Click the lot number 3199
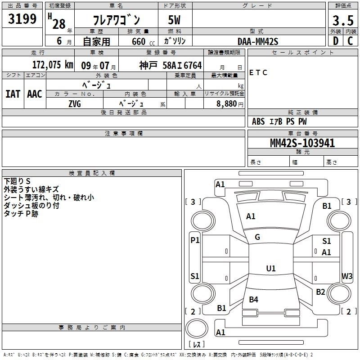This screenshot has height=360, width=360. pos(22,19)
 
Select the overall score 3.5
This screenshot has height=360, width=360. pos(342,20)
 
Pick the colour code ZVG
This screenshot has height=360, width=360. pos(75,103)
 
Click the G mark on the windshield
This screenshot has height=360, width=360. pos(257,237)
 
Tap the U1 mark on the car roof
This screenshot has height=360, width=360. pos(270,268)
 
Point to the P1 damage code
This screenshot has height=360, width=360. pos(195,240)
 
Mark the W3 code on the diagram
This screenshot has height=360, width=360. pos(347,275)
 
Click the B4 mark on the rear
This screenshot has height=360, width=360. pos(253,299)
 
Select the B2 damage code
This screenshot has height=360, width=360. pos(320,292)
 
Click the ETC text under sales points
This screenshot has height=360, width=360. pos(258,72)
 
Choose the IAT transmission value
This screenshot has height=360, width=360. pos(13,94)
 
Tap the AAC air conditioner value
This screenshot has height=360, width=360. pos(34,94)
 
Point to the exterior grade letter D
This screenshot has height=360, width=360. pos(335,41)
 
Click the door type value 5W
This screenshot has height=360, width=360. pos(175,20)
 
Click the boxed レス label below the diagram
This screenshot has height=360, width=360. pos(197,345)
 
